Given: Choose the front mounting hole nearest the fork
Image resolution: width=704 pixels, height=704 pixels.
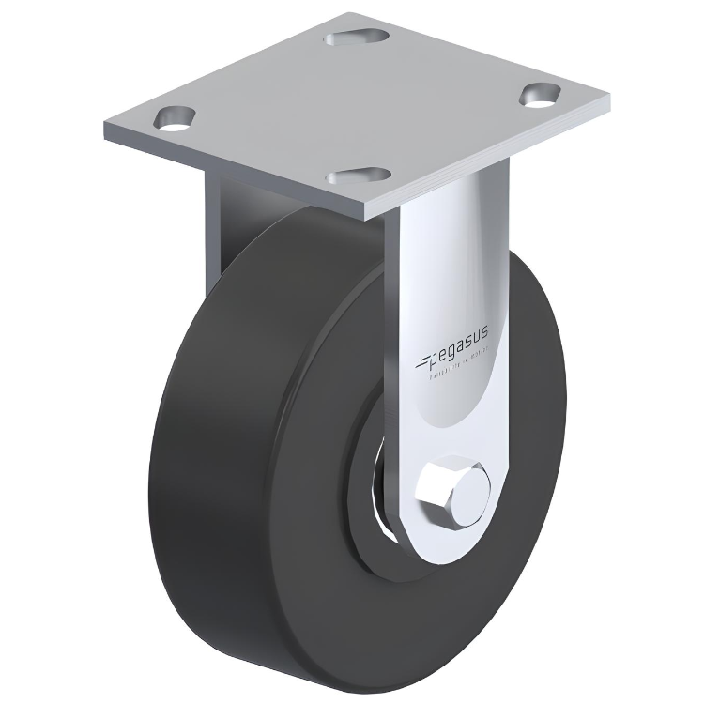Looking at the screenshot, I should [360, 176].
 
